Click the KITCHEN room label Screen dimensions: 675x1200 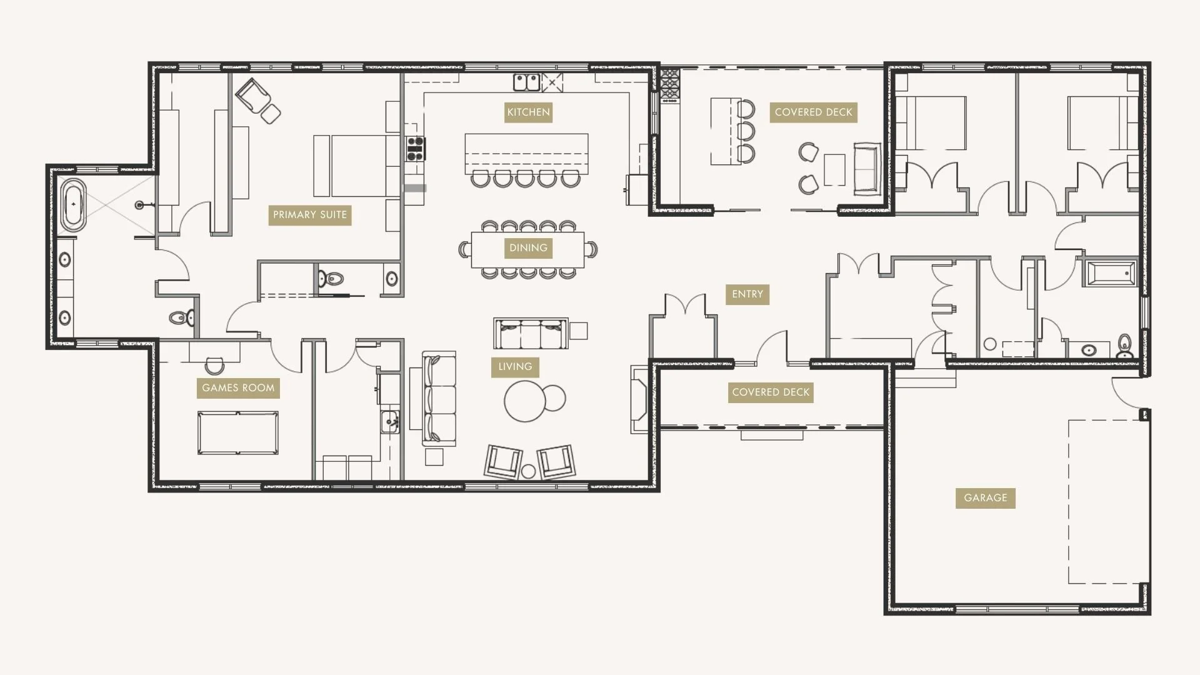pyautogui.click(x=528, y=112)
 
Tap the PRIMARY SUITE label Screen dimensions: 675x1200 pyautogui.click(x=309, y=215)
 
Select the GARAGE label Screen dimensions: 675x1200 pyautogui.click(x=985, y=498)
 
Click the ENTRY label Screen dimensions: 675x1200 pyautogui.click(x=747, y=294)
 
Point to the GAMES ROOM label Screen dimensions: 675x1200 pyautogui.click(x=238, y=388)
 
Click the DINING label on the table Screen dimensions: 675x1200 pyautogui.click(x=528, y=248)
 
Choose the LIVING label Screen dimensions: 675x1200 pyautogui.click(x=515, y=367)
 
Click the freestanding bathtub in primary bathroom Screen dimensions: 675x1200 pyautogui.click(x=74, y=204)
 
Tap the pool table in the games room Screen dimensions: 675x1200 pyautogui.click(x=237, y=432)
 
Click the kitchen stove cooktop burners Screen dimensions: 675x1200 pyautogui.click(x=415, y=149)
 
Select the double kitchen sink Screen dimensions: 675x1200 pyautogui.click(x=526, y=82)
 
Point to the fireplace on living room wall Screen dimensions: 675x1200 pyautogui.click(x=639, y=399)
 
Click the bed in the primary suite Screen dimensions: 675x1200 pyautogui.click(x=358, y=166)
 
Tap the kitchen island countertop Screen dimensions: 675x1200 pyautogui.click(x=526, y=153)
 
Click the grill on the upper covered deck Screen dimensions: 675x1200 pyautogui.click(x=669, y=86)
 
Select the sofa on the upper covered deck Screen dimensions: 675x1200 pyautogui.click(x=867, y=169)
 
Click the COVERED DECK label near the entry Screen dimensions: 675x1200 pyautogui.click(x=770, y=392)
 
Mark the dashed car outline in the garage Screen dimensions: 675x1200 pyautogui.click(x=1106, y=502)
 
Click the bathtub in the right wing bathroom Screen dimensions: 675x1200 pyautogui.click(x=1111, y=274)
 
